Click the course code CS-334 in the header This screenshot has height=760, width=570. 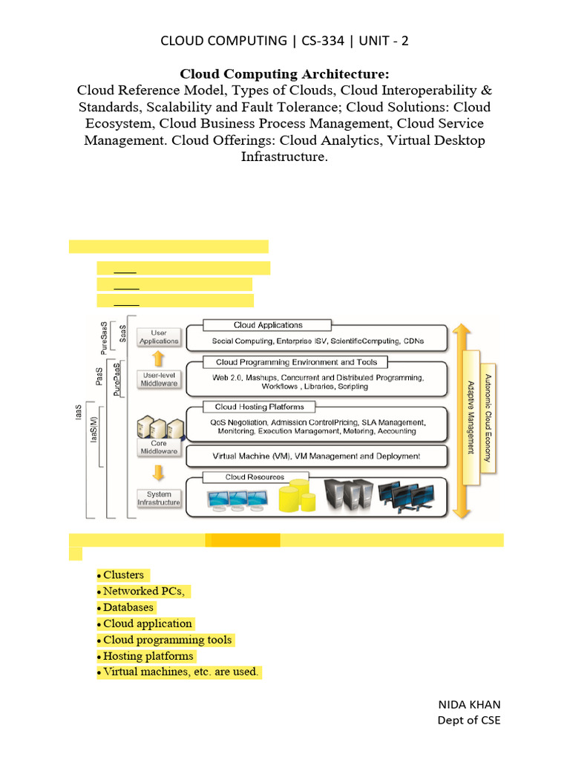(x=323, y=41)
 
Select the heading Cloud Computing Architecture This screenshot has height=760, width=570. (x=285, y=73)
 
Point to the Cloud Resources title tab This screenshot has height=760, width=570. (x=244, y=477)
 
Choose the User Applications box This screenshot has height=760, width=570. (x=159, y=337)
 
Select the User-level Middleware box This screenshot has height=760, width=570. (x=159, y=379)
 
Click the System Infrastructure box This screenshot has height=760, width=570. (x=159, y=498)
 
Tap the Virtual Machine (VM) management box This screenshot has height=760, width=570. (x=316, y=456)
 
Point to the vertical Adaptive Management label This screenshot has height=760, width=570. (x=471, y=417)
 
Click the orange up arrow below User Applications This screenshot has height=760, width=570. (x=158, y=358)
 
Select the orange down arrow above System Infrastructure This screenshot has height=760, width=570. (x=158, y=473)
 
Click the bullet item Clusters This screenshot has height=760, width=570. (x=123, y=574)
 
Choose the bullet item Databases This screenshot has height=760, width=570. (x=128, y=607)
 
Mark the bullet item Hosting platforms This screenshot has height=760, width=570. (x=148, y=656)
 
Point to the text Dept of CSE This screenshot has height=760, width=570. (x=469, y=720)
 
